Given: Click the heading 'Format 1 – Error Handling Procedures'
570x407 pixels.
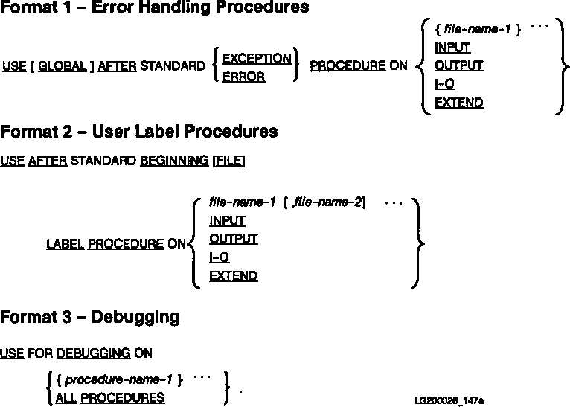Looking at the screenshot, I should (155, 8).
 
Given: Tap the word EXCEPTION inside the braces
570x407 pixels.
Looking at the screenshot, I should (257, 58).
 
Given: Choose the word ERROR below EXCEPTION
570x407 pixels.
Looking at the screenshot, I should (243, 76).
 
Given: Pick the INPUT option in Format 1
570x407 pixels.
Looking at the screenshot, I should (452, 48).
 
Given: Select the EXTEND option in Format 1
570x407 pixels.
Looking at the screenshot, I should (458, 103).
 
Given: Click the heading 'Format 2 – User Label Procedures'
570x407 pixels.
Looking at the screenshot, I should (139, 132).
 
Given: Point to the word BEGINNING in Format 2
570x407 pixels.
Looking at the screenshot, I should (174, 160).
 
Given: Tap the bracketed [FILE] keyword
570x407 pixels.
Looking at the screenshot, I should (228, 160).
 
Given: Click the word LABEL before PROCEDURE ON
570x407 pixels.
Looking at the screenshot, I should (65, 243).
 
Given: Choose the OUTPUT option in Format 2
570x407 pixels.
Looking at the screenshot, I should (233, 239).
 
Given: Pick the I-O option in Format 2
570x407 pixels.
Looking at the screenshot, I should (219, 257).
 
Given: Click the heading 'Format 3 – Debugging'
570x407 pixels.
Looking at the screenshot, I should (90, 317).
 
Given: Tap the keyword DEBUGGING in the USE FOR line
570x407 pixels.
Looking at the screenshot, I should (93, 353).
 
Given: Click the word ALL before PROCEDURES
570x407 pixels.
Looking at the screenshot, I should (66, 397).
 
